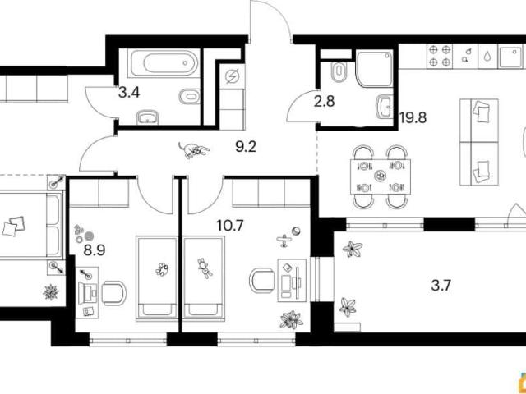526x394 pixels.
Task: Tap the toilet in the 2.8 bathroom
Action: pos(339,71)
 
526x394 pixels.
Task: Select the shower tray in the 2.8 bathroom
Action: pos(374,68)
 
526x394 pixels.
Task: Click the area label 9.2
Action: pos(246,147)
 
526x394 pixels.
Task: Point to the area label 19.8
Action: pos(413,117)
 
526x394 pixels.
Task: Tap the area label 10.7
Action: pos(230,226)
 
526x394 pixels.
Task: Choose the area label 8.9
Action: pos(95,250)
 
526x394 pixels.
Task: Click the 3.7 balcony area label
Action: pos(441,286)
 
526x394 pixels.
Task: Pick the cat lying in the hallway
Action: pos(194,149)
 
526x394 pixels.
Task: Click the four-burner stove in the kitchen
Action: pos(440,56)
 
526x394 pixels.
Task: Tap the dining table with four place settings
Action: pos(380,176)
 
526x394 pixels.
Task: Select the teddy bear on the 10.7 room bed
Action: pos(205,268)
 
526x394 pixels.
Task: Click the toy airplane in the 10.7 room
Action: pos(284,241)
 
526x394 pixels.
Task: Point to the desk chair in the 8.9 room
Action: pos(113,293)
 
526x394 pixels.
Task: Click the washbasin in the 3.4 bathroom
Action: pos(148,117)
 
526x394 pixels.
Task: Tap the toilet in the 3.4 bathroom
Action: pos(190,97)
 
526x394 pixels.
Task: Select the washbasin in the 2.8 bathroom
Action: pos(385,107)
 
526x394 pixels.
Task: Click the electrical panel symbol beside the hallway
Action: pos(232,76)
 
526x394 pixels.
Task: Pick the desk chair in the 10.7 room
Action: pos(262,281)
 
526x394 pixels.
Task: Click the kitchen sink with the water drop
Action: pos(487,56)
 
